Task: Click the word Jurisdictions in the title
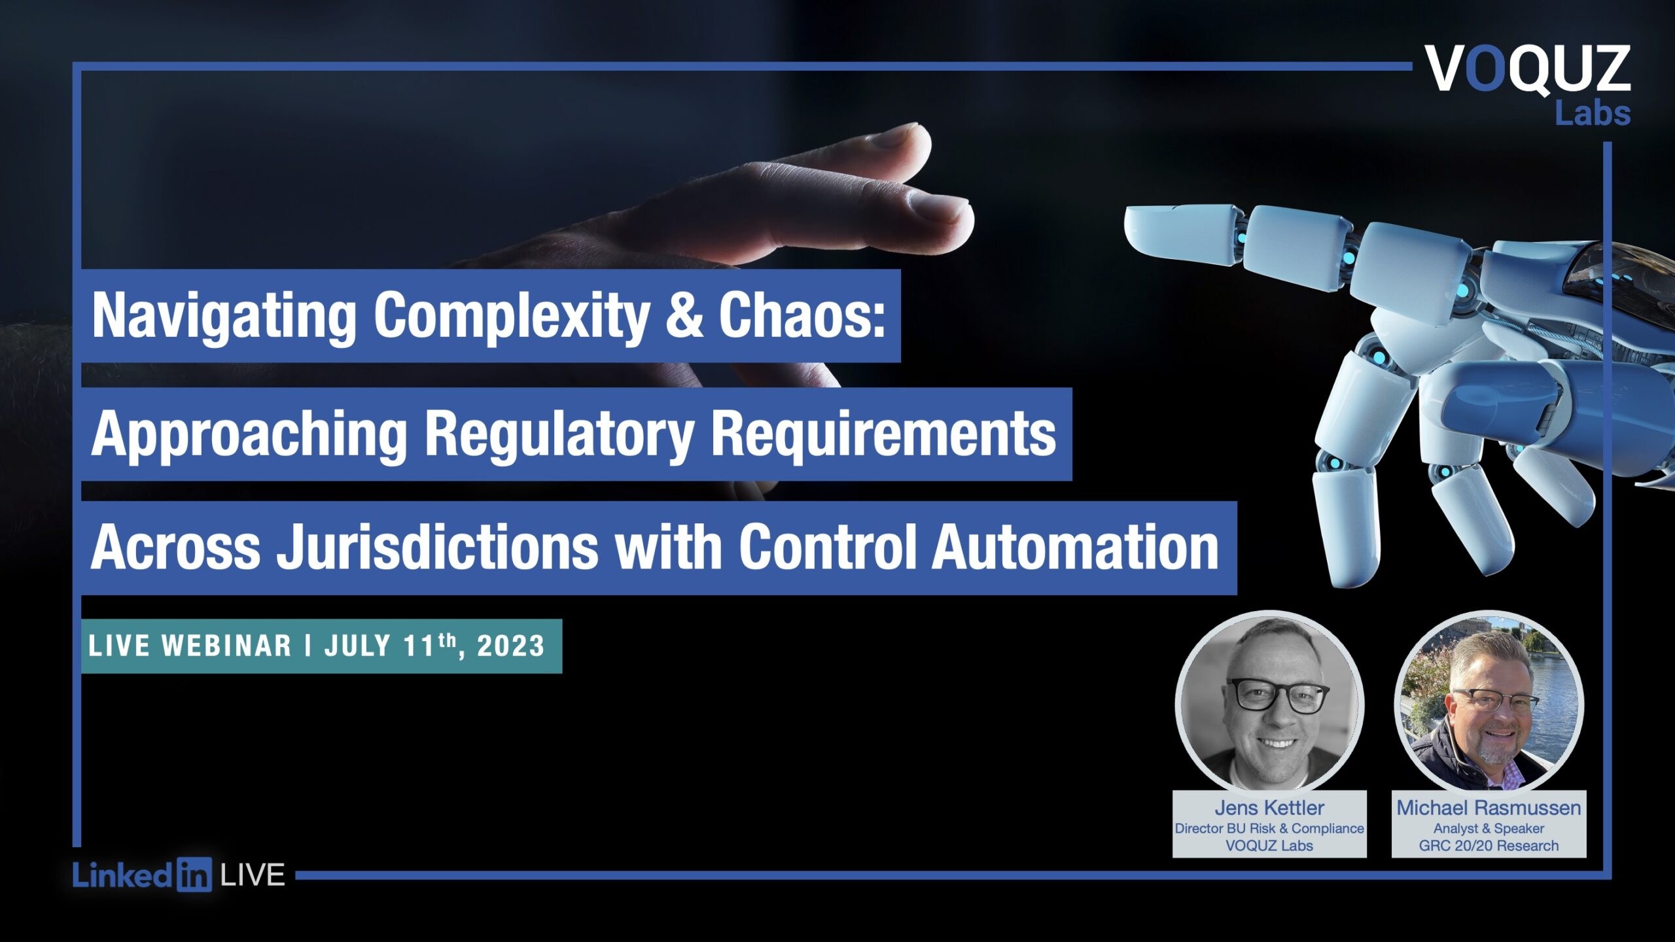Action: [x=436, y=548]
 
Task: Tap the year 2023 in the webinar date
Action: [x=510, y=646]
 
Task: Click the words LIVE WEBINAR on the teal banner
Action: [x=190, y=646]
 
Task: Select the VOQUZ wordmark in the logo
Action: [x=1528, y=69]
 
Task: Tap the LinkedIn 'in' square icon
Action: [x=194, y=875]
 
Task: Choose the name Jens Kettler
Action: [x=1269, y=808]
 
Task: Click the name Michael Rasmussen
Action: [x=1489, y=808]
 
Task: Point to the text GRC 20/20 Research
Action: [x=1489, y=846]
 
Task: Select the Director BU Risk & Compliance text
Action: [x=1269, y=828]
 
